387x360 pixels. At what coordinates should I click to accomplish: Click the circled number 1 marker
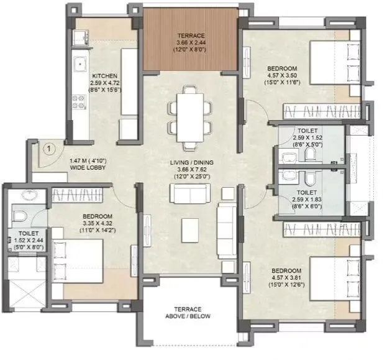(47, 150)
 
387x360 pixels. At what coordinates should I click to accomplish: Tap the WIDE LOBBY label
(89, 168)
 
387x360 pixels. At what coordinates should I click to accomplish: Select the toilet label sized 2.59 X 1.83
(307, 200)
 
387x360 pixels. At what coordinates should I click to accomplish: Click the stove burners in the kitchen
(80, 99)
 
